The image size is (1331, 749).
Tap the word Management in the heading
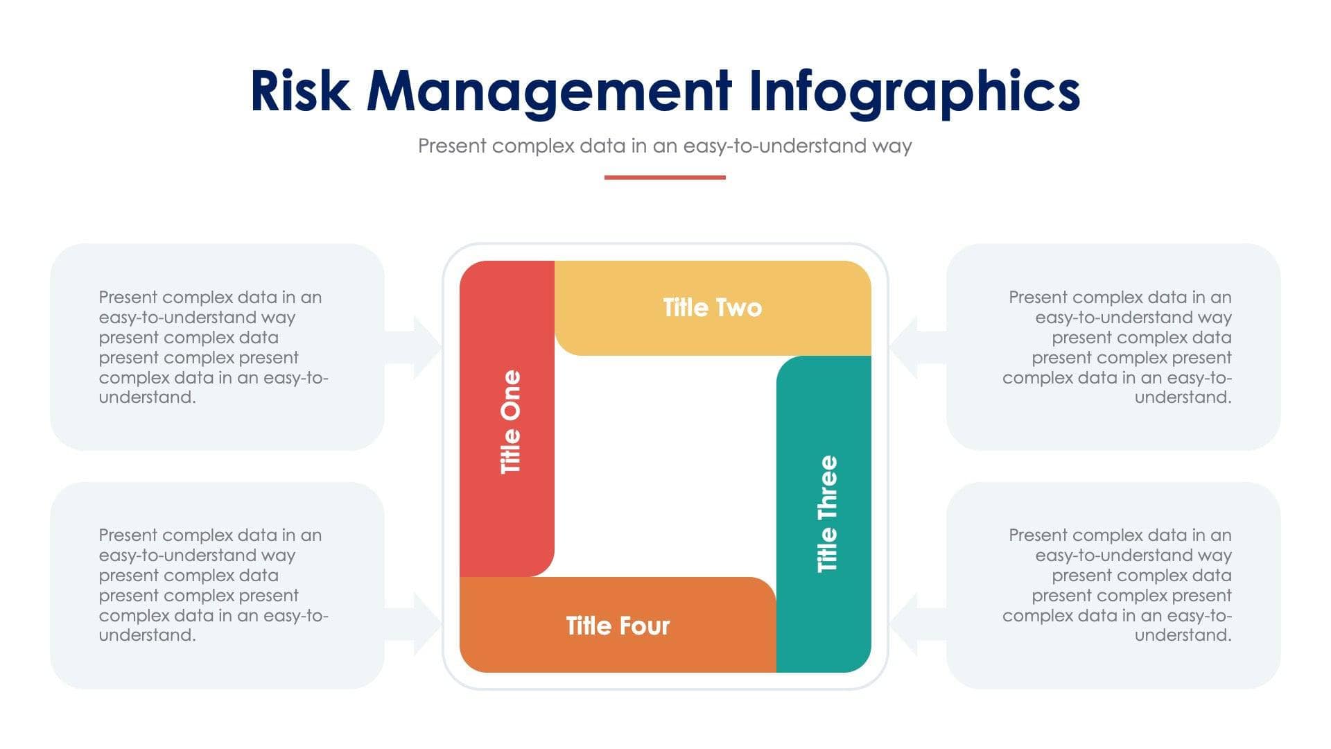548,92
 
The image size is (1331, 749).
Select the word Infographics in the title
914,92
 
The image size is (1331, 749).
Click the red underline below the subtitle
665,178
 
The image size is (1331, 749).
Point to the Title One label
510,422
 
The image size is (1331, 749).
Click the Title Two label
712,308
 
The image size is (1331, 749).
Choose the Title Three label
827,513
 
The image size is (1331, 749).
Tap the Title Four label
618,626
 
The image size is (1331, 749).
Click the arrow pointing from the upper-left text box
416,347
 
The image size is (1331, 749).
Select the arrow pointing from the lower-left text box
416,623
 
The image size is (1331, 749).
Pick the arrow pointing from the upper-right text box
914,347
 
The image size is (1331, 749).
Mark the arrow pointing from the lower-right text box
914,623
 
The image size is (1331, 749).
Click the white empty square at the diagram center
665,466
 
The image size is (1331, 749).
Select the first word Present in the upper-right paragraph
1038,298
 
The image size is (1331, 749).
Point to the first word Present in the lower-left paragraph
128,535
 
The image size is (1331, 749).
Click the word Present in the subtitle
452,146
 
